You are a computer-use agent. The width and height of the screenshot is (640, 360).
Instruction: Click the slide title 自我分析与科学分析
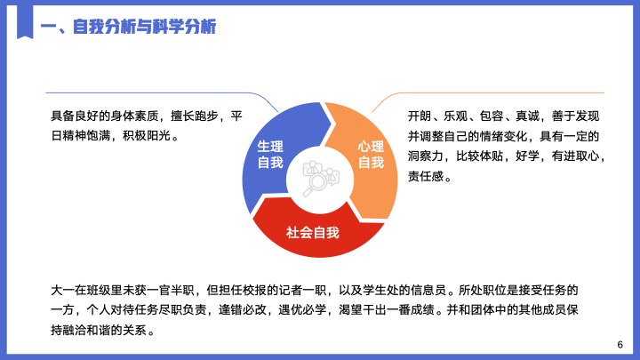(145, 27)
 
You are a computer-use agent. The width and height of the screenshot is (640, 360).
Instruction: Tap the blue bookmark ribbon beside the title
(25, 22)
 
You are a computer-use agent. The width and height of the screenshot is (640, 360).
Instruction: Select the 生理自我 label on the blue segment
(270, 155)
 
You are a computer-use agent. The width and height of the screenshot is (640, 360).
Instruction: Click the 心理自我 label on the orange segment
(371, 155)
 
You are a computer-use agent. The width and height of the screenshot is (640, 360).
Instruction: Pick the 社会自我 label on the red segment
(313, 232)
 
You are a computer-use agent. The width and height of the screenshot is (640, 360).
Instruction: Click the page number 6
(620, 345)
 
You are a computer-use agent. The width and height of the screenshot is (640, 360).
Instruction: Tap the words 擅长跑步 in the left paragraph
(195, 116)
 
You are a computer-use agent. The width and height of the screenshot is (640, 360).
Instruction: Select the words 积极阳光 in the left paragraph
(147, 135)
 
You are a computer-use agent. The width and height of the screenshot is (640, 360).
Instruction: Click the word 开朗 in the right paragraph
(420, 116)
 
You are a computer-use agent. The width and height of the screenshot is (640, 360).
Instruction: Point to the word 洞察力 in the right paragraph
(425, 156)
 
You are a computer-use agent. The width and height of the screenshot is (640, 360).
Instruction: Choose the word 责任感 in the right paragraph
(425, 176)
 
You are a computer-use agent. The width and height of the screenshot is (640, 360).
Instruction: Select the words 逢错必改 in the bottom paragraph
(243, 310)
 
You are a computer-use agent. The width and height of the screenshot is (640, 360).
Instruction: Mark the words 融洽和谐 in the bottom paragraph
(86, 330)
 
